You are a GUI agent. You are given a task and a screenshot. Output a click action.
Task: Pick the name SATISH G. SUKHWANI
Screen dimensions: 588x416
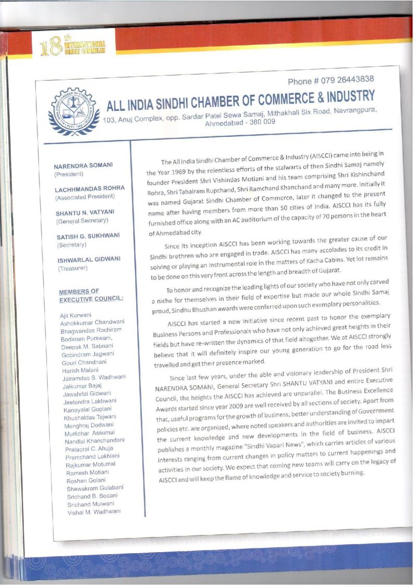click(88, 236)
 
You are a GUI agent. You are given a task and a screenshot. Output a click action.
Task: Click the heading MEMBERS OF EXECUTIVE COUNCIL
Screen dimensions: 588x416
click(91, 295)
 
